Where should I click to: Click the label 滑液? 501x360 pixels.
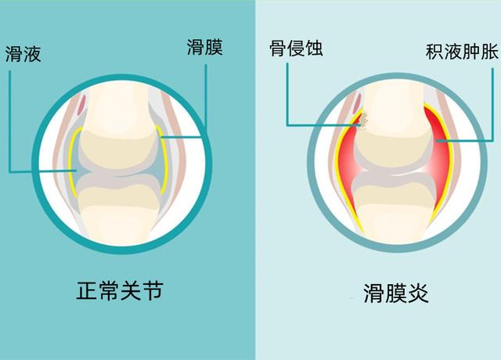[x=23, y=54]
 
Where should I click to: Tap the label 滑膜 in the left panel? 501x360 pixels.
[x=205, y=47]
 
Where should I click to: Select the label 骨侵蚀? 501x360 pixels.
[x=296, y=49]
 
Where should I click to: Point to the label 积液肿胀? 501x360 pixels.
[x=462, y=52]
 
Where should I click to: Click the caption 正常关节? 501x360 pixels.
[x=120, y=290]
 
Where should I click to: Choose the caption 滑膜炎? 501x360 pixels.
[x=396, y=293]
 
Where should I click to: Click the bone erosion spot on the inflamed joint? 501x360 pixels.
[x=364, y=120]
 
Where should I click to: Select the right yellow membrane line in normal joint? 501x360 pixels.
[x=164, y=160]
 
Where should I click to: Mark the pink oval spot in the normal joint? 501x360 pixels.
[x=82, y=104]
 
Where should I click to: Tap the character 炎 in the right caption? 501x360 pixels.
[x=418, y=293]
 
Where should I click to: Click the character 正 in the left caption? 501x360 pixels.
[x=87, y=290]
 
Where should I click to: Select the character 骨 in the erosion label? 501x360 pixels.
[x=278, y=49]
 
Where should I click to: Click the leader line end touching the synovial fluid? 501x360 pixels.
[x=75, y=171]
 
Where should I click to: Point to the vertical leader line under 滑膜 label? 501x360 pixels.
[x=206, y=101]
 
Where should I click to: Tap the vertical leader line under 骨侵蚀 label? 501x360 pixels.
[x=287, y=94]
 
